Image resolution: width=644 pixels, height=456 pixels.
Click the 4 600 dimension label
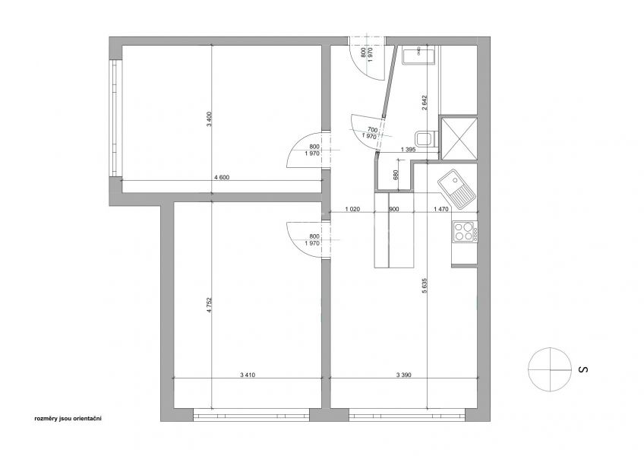[222, 178]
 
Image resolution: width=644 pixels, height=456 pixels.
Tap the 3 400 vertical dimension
[209, 119]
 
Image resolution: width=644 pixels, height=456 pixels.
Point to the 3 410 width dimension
[248, 375]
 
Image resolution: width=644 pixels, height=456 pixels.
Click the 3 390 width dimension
[404, 375]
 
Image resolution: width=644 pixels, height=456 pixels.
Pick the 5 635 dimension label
[425, 285]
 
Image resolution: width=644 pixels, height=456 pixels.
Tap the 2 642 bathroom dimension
[425, 103]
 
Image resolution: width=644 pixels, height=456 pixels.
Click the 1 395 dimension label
[407, 150]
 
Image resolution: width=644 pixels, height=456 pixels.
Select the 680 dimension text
[396, 175]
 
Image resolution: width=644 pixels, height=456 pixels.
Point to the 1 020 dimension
[352, 209]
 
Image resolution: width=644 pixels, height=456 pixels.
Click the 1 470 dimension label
[441, 209]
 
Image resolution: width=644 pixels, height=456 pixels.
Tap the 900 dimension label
[394, 209]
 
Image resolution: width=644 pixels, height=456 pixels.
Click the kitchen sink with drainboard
[456, 188]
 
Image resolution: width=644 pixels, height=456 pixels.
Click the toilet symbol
[426, 139]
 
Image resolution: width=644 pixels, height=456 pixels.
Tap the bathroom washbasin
[418, 56]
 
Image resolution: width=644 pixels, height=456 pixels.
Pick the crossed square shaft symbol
[459, 138]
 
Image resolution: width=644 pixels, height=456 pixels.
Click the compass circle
[550, 369]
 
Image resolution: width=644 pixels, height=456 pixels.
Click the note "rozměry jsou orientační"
[68, 419]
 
